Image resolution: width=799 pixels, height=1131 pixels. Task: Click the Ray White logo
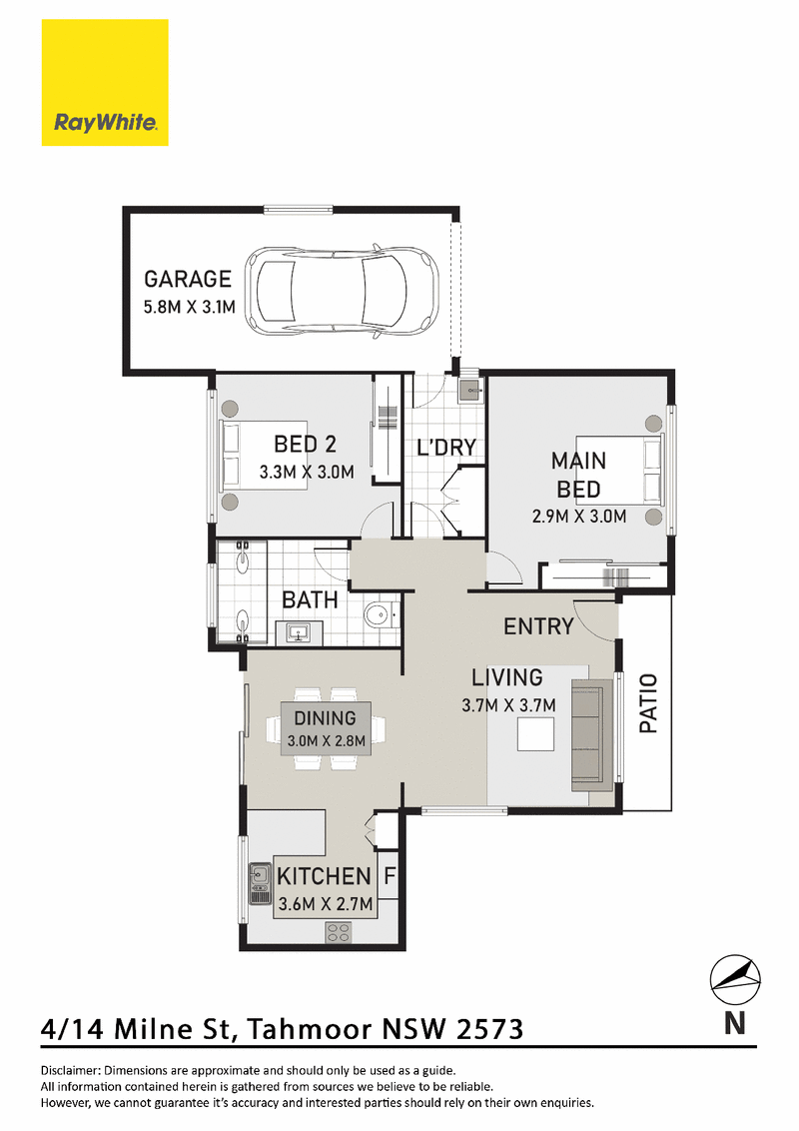point(105,82)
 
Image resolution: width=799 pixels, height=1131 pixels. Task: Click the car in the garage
point(342,292)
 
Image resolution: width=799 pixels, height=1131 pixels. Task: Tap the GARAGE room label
point(188,279)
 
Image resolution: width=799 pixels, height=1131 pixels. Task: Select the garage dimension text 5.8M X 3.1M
point(190,308)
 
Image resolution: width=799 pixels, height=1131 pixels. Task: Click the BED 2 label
point(305,445)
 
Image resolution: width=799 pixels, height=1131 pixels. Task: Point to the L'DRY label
point(446,448)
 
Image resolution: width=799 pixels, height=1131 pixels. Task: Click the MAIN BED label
point(578,475)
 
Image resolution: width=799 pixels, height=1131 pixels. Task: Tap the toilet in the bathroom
point(381,614)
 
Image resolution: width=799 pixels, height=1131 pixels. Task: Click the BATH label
point(310,599)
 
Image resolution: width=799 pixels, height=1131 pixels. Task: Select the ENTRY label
point(538,626)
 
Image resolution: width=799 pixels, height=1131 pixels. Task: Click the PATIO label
point(648,703)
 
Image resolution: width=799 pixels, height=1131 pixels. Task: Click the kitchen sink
point(259,883)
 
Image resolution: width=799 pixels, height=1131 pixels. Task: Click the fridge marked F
point(389,875)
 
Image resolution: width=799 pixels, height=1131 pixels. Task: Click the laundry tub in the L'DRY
point(470,391)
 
